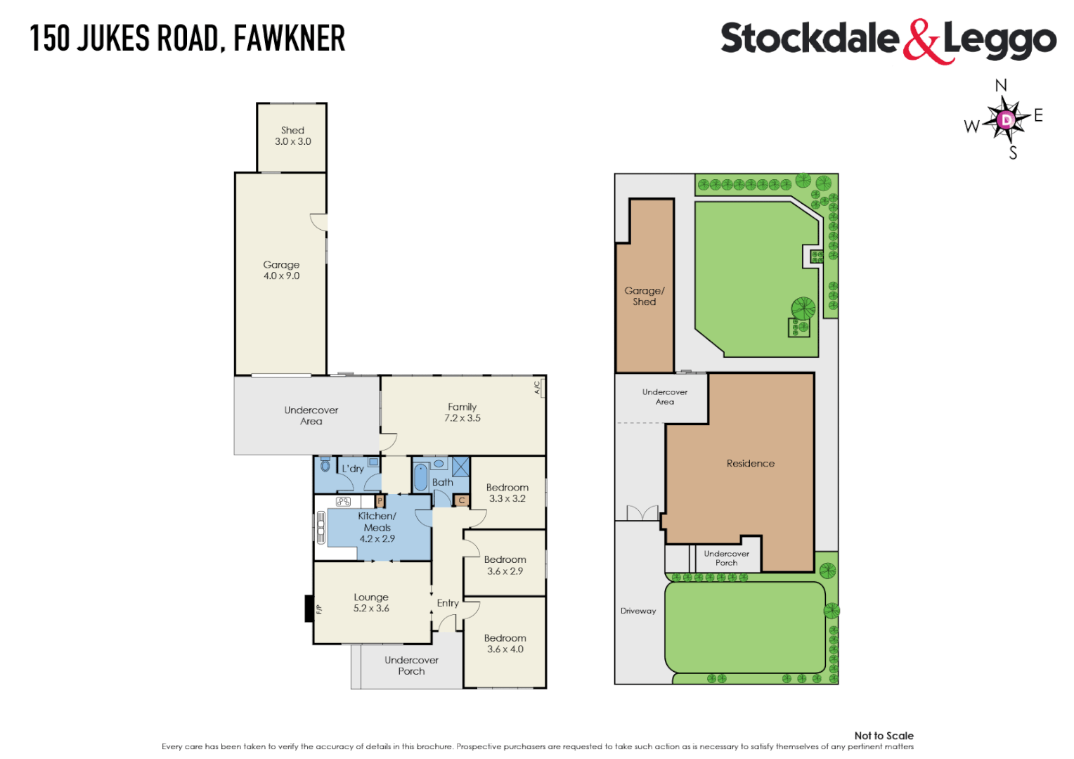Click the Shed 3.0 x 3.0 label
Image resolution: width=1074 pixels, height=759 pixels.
(292, 136)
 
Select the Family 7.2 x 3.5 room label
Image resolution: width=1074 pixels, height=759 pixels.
(462, 413)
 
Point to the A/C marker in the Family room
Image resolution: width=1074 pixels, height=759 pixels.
(538, 387)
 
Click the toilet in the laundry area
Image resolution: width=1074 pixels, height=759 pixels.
(325, 465)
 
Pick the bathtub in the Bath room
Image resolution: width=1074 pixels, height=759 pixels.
(420, 477)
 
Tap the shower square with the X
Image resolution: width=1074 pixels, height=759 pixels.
(460, 467)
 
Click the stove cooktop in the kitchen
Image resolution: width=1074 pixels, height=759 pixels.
(343, 502)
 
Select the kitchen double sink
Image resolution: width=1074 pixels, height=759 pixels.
(321, 527)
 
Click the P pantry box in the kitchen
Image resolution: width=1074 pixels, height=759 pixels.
(380, 501)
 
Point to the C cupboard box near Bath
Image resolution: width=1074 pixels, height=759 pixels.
(462, 500)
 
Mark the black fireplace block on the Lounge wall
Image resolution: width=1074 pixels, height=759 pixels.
(309, 609)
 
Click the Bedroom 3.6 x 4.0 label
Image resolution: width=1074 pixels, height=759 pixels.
(505, 644)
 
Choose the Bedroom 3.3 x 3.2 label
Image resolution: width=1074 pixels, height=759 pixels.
(507, 493)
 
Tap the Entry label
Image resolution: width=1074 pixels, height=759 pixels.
(448, 603)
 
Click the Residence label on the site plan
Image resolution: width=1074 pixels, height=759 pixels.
(750, 464)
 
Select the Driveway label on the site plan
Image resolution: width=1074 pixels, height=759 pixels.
(638, 611)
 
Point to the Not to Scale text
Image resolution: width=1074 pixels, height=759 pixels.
(884, 736)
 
